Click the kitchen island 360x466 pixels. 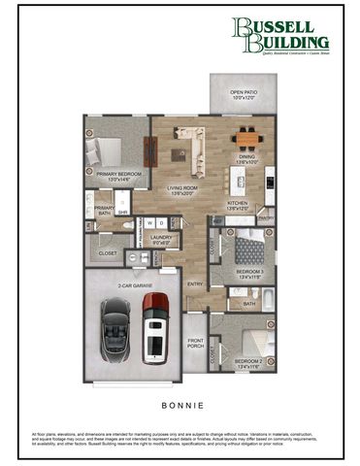click(x=236, y=181)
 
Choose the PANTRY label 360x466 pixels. click(x=266, y=218)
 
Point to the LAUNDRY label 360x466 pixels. click(x=161, y=238)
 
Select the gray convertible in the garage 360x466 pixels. click(x=115, y=326)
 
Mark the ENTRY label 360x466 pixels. click(x=196, y=283)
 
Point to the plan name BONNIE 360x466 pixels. click(x=180, y=397)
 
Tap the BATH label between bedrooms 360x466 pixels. click(x=249, y=304)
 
